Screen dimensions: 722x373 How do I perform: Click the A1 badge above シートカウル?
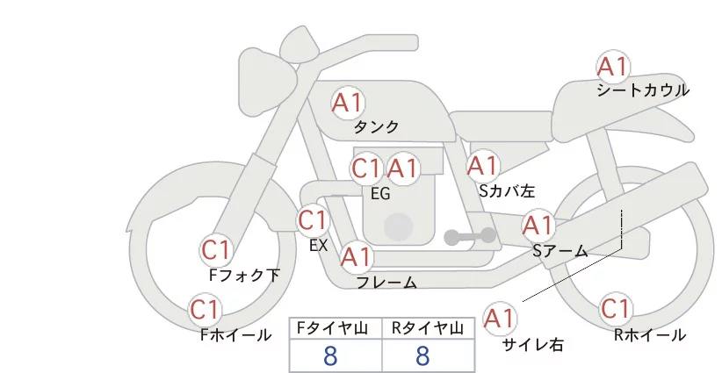tap(613, 66)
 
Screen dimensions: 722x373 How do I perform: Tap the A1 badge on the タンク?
tap(348, 103)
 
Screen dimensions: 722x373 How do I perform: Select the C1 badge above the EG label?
tap(367, 169)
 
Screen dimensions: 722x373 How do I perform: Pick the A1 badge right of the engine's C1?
tap(402, 169)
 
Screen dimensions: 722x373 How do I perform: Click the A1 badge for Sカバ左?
tap(482, 166)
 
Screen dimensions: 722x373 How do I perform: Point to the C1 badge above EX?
tap(313, 219)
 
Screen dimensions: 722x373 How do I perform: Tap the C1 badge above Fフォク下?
tap(216, 250)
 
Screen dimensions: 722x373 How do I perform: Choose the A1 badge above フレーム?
tap(357, 257)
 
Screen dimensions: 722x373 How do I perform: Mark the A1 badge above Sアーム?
tap(538, 226)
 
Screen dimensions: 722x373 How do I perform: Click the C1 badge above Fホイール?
tap(205, 310)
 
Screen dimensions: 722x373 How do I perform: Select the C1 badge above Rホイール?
tap(616, 309)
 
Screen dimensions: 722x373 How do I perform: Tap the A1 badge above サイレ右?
tap(500, 318)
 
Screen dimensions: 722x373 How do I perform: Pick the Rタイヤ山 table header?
tap(428, 328)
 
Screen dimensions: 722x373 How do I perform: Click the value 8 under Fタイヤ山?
tap(330, 355)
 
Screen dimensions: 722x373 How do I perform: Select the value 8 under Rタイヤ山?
tap(422, 355)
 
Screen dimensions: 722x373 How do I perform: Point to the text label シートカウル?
tap(643, 90)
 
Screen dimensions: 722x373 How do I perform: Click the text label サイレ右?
tap(533, 345)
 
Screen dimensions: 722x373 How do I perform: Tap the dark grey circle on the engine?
tap(398, 227)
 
